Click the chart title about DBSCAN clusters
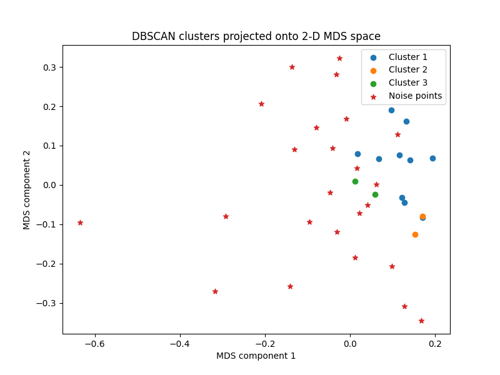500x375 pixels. click(256, 36)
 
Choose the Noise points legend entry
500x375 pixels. click(415, 96)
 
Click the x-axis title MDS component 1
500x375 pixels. click(256, 356)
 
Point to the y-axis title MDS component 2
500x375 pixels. click(27, 189)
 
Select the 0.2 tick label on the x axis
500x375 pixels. click(435, 343)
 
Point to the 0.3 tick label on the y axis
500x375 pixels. click(47, 67)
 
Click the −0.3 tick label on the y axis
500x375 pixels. click(45, 303)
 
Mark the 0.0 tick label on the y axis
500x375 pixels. click(47, 185)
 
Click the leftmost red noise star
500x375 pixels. click(80, 222)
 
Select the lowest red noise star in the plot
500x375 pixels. click(421, 321)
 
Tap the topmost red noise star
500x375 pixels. click(339, 58)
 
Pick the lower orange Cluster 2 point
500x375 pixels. click(415, 234)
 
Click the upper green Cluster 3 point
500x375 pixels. click(355, 181)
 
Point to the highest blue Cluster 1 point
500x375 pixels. click(391, 110)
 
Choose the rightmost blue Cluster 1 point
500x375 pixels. click(432, 158)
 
